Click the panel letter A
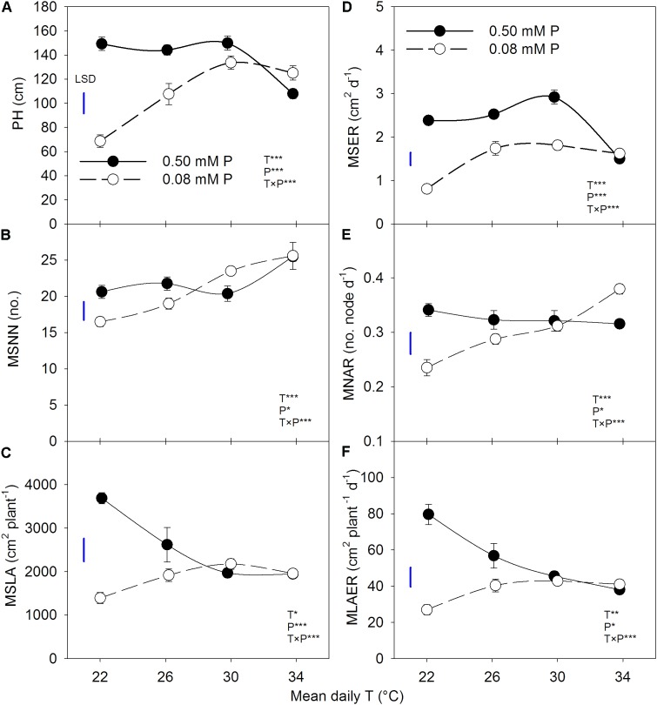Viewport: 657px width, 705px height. point(8,9)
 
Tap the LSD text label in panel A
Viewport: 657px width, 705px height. point(84,77)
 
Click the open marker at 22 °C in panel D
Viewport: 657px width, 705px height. point(427,189)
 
